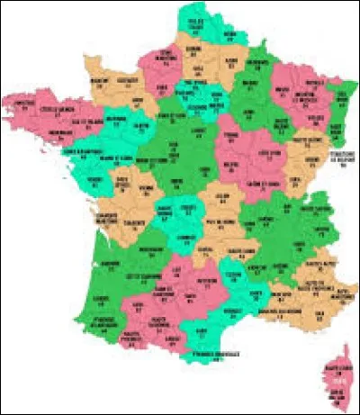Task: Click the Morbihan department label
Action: (x=59, y=133)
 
